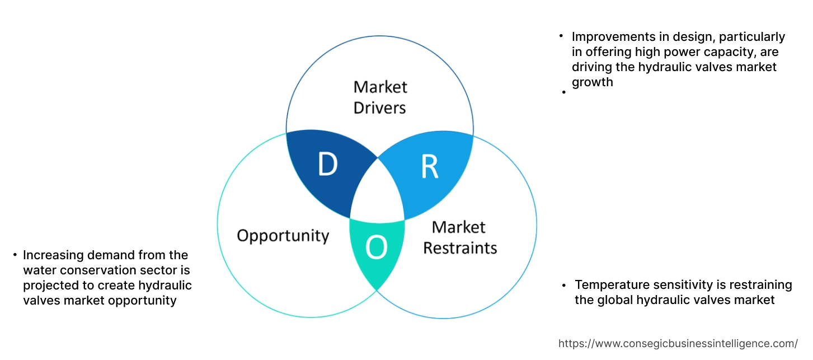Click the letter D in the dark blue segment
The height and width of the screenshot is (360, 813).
pyautogui.click(x=327, y=165)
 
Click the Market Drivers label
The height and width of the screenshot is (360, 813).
pyautogui.click(x=380, y=97)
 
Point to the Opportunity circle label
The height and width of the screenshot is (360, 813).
pyautogui.click(x=283, y=235)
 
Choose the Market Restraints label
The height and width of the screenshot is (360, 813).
pyautogui.click(x=459, y=237)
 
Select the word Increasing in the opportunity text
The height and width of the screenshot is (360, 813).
pyautogui.click(x=51, y=255)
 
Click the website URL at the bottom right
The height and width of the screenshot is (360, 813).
pyautogui.click(x=678, y=343)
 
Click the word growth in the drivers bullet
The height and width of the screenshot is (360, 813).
pyautogui.click(x=592, y=82)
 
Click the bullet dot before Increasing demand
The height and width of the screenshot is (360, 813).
pyautogui.click(x=15, y=255)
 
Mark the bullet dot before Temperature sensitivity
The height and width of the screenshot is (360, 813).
pyautogui.click(x=564, y=285)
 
